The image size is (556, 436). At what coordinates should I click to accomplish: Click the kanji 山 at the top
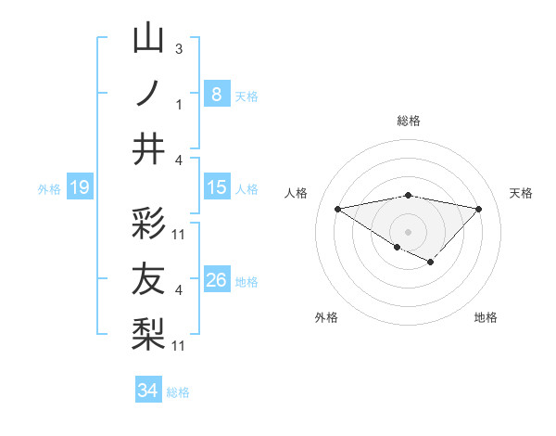[x=148, y=39]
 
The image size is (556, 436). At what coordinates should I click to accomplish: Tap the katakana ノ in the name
[x=148, y=93]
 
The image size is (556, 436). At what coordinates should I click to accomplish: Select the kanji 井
[x=148, y=148]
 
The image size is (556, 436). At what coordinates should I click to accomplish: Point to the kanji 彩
[x=148, y=224]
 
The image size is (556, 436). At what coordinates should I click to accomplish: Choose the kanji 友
[x=148, y=279]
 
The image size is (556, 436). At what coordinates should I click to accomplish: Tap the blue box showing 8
[x=216, y=95]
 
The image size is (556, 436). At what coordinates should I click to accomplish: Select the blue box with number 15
[x=216, y=188]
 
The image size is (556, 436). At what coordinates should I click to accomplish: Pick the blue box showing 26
[x=216, y=281]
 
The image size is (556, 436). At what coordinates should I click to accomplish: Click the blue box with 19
[x=79, y=188]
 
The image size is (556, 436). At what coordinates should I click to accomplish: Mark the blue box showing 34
[x=147, y=391]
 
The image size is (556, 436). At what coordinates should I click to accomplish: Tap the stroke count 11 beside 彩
[x=179, y=234]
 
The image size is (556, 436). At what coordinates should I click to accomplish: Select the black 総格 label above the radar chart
[x=408, y=121]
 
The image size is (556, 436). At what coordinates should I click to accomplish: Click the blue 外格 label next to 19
[x=49, y=189]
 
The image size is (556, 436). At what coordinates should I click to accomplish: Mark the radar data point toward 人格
[x=337, y=208]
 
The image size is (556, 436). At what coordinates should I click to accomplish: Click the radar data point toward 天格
[x=478, y=209]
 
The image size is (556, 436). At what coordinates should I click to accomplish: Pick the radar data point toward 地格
[x=430, y=263]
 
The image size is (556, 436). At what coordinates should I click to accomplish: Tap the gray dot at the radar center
[x=408, y=230]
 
